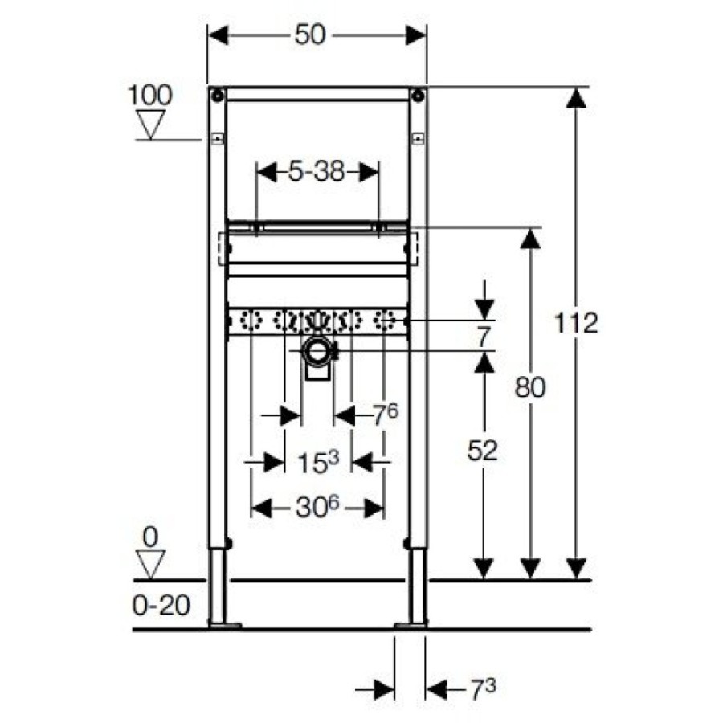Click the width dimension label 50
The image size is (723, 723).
click(310, 35)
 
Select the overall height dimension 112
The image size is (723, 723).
click(576, 322)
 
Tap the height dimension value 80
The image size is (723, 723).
click(530, 387)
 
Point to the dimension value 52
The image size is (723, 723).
click(482, 450)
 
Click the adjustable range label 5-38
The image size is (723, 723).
click(317, 172)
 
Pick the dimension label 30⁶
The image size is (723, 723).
click(317, 507)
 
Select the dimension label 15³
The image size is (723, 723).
click(317, 462)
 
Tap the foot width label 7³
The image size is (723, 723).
click(483, 690)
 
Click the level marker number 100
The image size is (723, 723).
click(150, 95)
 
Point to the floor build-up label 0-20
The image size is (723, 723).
click(161, 605)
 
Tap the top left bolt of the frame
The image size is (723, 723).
click(217, 96)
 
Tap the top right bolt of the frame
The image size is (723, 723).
click(418, 96)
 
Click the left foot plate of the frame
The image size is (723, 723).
click(225, 625)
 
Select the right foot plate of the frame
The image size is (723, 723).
click(411, 625)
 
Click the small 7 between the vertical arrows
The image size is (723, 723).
click(482, 337)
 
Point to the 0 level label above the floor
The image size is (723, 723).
click(151, 537)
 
